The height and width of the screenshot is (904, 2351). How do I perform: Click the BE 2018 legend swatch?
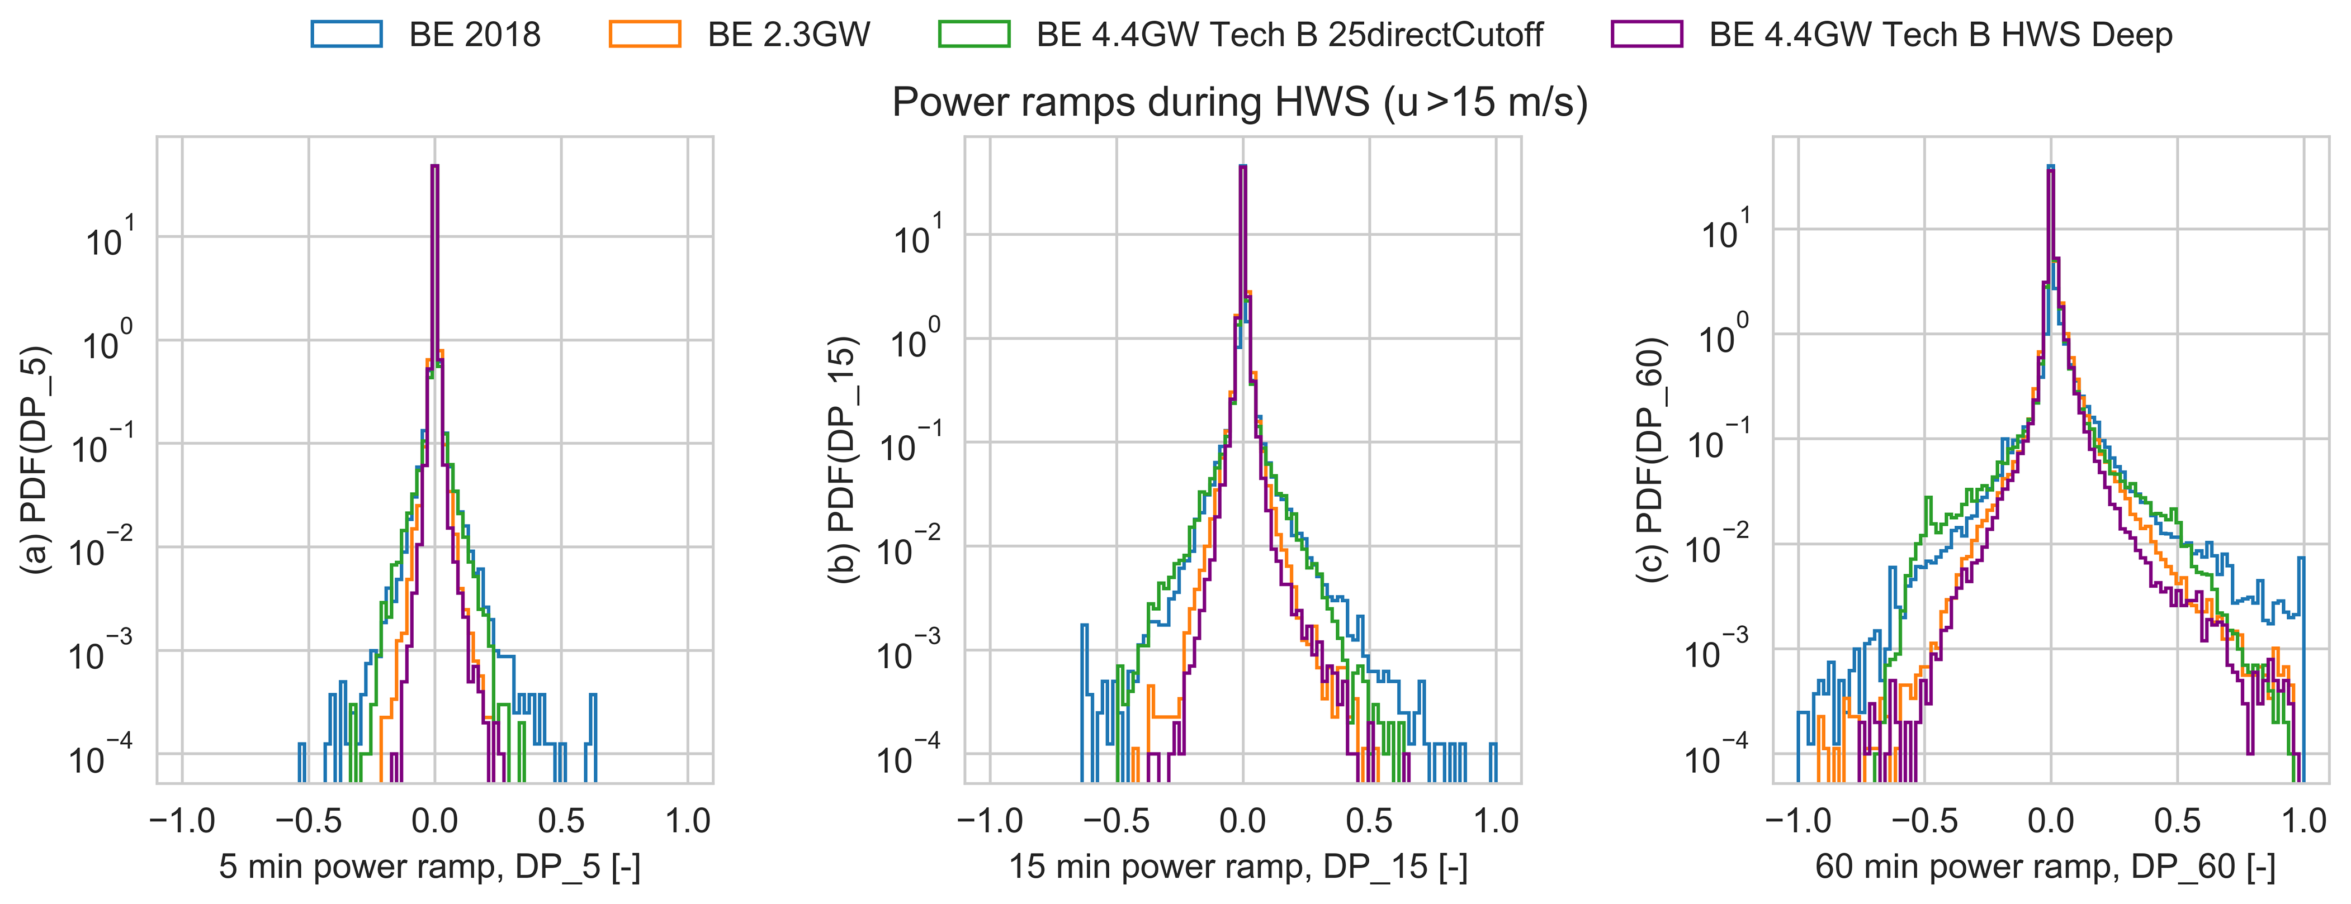coord(346,34)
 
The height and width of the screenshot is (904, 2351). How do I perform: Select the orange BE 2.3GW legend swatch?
coord(644,34)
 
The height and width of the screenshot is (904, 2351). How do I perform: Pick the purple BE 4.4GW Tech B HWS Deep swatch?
coord(1647,34)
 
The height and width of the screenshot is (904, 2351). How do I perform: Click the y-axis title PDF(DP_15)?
coord(843,459)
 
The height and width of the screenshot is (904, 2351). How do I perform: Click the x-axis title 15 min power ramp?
coord(1238,867)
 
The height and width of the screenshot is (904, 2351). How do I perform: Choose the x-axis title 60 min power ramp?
coord(2045,867)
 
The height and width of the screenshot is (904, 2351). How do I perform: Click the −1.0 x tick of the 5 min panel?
coord(182,821)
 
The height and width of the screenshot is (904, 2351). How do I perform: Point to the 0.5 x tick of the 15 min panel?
coord(1369,821)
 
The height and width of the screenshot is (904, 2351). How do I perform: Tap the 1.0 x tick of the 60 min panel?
coord(2303,821)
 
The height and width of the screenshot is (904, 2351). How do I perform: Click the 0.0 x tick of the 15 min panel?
coord(1243,821)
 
